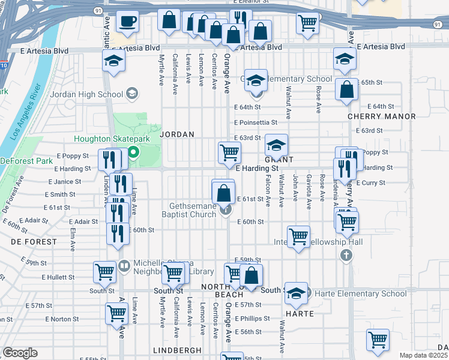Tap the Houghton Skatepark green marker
pyautogui.click(x=134, y=151)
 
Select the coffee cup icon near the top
pyautogui.click(x=127, y=23)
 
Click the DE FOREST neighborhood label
pyautogui.click(x=34, y=242)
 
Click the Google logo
pyautogui.click(x=20, y=353)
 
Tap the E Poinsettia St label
pyautogui.click(x=256, y=122)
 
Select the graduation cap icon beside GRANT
pyautogui.click(x=276, y=145)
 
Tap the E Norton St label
pyautogui.click(x=57, y=319)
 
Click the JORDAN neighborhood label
pyautogui.click(x=176, y=134)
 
